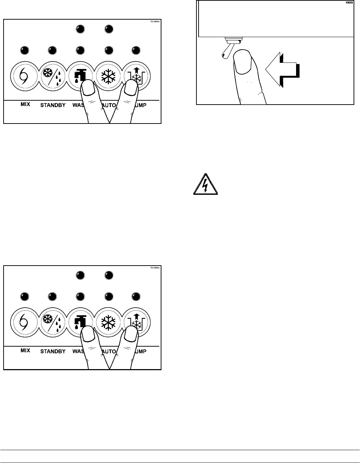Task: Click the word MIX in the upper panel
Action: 25,105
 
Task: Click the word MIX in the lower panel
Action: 25,351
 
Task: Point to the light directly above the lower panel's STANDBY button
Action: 52,296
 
